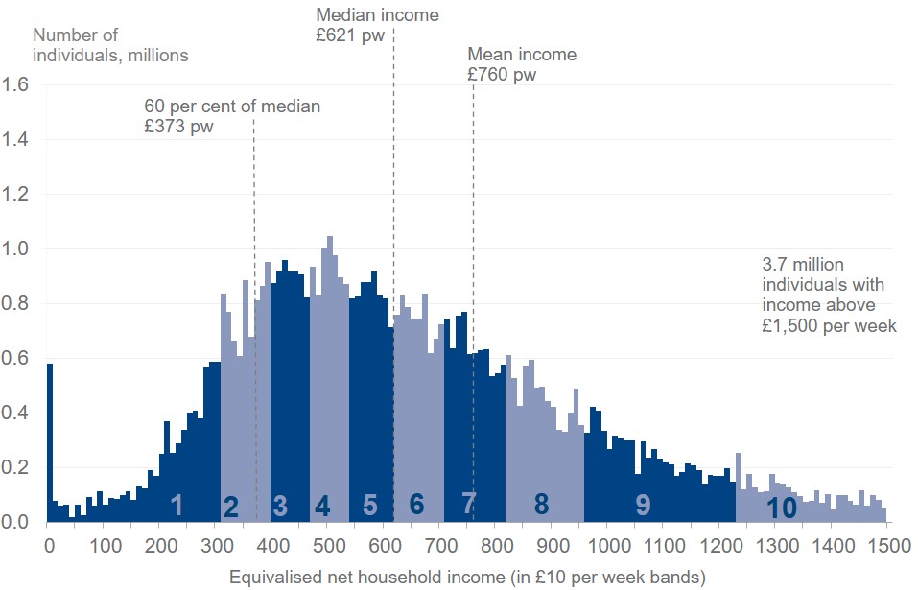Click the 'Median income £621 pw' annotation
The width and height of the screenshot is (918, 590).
coord(377,26)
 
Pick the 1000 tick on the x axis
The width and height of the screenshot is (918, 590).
coord(607,545)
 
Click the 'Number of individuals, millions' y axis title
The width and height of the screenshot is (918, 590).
coord(110,45)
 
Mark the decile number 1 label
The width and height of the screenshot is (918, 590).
coord(176,505)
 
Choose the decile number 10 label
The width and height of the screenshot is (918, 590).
coord(783,508)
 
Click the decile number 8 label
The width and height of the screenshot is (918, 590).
coord(541,504)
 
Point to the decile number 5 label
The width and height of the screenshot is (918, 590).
coord(370,505)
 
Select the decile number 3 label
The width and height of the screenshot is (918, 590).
coord(280,506)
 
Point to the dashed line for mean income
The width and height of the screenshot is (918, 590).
coord(473,288)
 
